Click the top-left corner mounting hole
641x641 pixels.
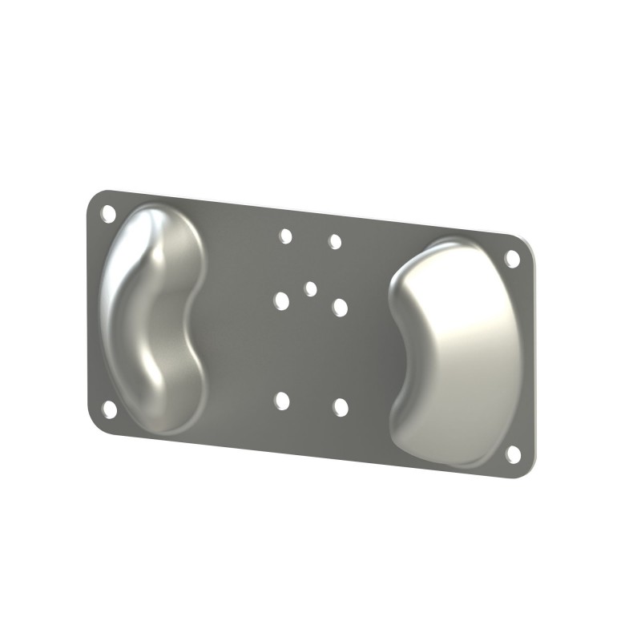108,213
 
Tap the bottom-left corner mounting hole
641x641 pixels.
109,409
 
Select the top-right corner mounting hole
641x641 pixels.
512,259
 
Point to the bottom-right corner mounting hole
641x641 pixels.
513,454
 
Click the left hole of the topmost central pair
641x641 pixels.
285,236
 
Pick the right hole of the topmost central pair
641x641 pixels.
335,241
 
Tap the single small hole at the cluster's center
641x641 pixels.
311,288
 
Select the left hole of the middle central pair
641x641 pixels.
281,301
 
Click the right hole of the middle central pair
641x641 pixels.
340,308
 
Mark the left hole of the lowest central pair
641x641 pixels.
281,401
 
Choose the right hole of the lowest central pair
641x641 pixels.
341,407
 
